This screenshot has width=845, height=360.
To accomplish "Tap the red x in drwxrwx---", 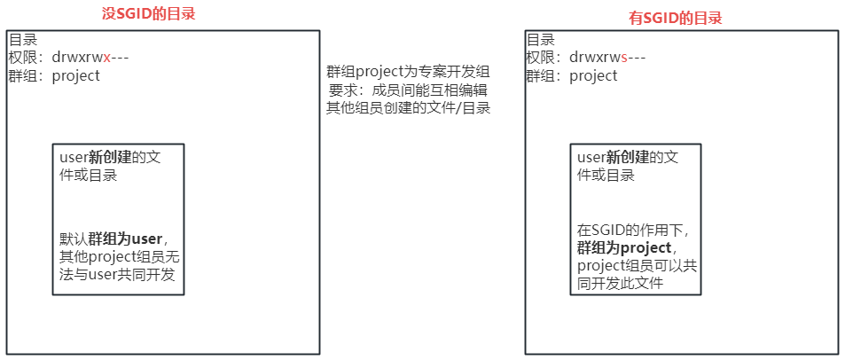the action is [x=107, y=58].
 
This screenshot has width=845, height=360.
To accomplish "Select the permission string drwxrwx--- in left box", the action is [x=91, y=58].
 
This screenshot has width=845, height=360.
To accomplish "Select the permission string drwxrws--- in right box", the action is [x=607, y=58].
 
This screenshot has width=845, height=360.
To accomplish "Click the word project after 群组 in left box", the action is [x=76, y=75].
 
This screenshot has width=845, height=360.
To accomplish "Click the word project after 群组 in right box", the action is [x=593, y=75].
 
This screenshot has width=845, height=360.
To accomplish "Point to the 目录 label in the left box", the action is [x=22, y=40].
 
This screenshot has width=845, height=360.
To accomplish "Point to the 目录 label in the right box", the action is [x=540, y=40].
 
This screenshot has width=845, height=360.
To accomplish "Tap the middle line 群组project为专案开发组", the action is [x=409, y=73].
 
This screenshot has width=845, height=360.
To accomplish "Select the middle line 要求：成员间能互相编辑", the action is [x=409, y=90].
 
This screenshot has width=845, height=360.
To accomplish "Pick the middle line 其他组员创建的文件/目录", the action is [x=409, y=108].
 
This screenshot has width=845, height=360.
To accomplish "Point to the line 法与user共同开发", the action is [x=117, y=275].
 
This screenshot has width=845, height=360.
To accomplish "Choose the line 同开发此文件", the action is [x=621, y=284].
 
